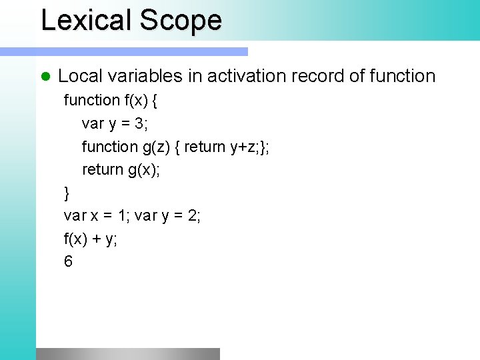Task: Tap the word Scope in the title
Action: pos(180,20)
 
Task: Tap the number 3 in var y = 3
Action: pos(141,123)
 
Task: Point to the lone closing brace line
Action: pos(67,193)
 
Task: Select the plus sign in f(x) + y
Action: pos(97,239)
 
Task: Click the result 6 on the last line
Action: pos(68,261)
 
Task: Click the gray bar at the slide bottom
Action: pos(127,353)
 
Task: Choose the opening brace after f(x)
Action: pos(154,100)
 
